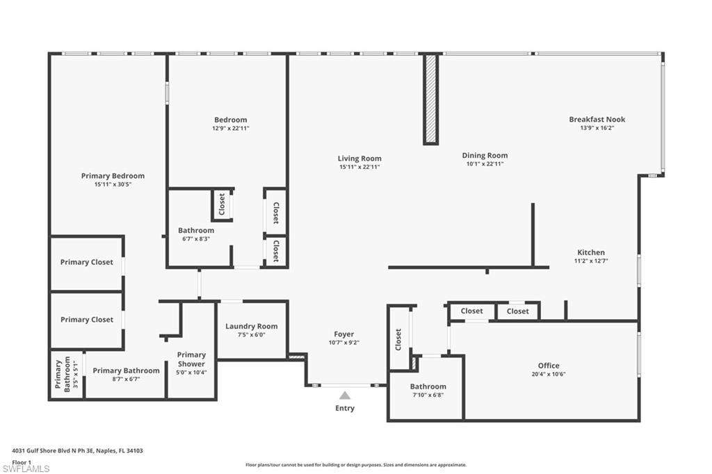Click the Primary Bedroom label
113,176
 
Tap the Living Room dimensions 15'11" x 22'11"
359,167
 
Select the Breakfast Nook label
597,120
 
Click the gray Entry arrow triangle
345,395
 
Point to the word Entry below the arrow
345,408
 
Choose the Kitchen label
591,252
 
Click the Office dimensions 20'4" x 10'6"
548,374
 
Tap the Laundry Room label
251,326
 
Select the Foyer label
343,334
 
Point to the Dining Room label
485,156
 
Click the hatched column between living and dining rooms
431,99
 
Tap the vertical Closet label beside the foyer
398,338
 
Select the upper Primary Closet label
86,262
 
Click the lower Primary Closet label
86,320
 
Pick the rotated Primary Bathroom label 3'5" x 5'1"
63,375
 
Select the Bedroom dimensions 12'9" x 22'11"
230,128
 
